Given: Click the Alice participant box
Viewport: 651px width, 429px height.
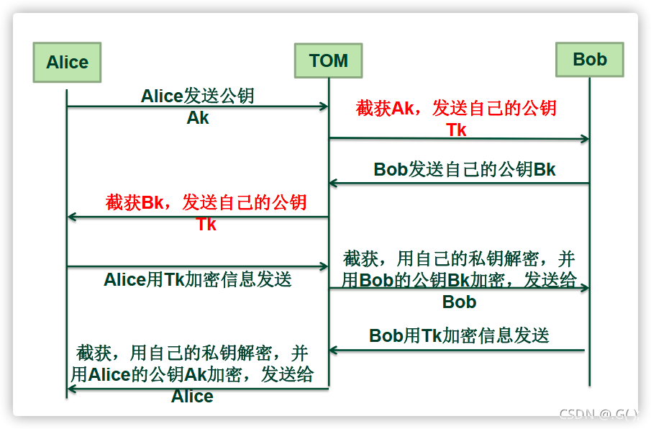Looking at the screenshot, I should (67, 62).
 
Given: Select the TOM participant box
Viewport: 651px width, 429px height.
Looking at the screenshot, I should (329, 60).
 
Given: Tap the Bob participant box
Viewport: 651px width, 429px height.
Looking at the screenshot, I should (590, 60).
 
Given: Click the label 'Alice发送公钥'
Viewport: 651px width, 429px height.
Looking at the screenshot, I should (198, 96).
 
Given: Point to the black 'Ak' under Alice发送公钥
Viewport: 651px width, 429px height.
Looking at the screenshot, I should (198, 118).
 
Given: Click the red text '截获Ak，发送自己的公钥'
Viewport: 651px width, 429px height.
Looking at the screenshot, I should (456, 109).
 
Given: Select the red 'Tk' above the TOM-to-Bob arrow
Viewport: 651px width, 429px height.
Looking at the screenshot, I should (456, 130).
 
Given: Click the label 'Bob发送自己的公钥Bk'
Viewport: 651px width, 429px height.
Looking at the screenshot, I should (465, 170).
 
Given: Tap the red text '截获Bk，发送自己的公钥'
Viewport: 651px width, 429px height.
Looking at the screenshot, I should (206, 202).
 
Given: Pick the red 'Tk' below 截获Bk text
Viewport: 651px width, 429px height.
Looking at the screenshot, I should (206, 224).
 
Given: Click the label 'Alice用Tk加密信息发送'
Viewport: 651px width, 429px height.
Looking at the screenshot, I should (198, 279).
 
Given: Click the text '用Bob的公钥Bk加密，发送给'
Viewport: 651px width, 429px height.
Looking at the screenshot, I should (459, 280).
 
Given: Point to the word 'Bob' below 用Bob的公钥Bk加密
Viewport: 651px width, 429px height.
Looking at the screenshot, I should (459, 302).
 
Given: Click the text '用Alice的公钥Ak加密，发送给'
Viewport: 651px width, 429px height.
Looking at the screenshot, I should (192, 374).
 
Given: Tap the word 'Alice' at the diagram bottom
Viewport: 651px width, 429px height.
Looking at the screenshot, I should (192, 396).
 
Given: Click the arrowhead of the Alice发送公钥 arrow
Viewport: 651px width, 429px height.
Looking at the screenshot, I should (324, 107).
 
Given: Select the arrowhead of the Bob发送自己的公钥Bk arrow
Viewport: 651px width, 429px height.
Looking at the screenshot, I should (334, 183).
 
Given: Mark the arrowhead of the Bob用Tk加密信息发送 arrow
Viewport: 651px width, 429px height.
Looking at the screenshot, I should (334, 351).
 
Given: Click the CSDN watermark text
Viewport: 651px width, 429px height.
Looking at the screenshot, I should (598, 414).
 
